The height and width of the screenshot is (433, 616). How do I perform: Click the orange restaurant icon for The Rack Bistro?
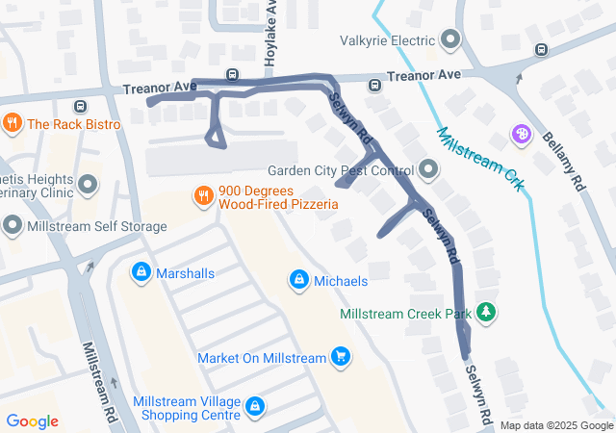13,124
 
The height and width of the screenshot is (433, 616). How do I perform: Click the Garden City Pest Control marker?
428,171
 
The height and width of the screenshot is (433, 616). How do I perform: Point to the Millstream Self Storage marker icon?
13,226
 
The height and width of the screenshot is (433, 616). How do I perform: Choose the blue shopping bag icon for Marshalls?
141,273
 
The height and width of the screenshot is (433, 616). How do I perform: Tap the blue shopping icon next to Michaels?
299,280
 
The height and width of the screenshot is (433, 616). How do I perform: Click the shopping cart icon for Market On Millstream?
340,358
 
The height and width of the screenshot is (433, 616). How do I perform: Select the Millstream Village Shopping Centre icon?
254,407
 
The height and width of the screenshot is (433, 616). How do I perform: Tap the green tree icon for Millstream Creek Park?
488,313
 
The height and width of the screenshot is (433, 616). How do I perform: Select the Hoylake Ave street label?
271,34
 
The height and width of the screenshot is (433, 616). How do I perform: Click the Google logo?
32,421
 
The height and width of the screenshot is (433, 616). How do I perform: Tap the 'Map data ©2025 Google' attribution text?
556,425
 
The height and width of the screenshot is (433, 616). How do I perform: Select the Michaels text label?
341,281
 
